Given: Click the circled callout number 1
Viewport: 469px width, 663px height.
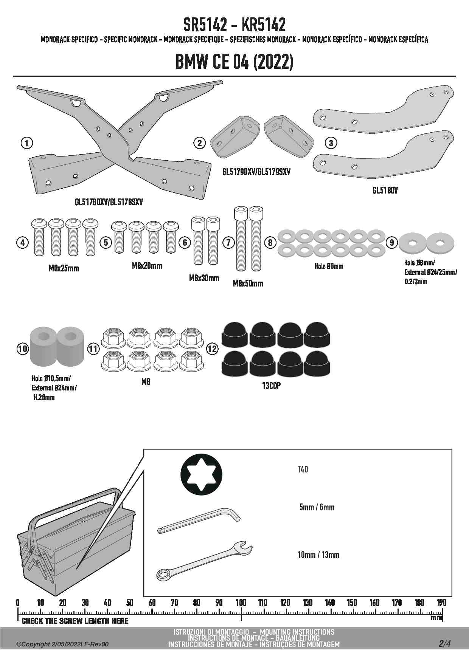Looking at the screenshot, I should [26, 143].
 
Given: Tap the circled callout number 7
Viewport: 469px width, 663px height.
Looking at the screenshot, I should [228, 242].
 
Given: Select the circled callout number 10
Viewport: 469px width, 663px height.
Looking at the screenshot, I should [23, 348].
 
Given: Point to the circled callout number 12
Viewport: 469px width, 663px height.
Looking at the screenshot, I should [212, 349].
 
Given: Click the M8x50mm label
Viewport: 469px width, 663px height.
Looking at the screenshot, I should [248, 283].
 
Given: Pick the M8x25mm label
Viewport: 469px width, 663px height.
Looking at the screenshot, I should [64, 268].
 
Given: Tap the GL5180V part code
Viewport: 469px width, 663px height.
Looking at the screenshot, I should [385, 190].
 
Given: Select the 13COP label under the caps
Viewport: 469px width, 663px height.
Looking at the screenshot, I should [272, 386].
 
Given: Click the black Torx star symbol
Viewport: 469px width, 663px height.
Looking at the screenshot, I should [201, 474].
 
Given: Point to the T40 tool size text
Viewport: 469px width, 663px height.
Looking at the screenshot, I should [303, 469].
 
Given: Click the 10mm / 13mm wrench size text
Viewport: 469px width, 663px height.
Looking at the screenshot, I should [318, 555].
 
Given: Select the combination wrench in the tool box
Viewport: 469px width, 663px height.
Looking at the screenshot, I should [205, 562].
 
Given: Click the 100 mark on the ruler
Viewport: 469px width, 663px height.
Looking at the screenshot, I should [241, 603].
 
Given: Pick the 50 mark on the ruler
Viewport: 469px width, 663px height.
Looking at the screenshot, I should [130, 603].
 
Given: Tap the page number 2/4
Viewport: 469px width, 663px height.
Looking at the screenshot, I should [444, 643].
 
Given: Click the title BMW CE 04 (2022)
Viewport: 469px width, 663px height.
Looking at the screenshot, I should [234, 62].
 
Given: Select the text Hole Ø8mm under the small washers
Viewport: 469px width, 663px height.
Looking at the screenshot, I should [329, 266].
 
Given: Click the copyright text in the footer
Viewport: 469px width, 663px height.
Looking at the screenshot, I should [62, 644].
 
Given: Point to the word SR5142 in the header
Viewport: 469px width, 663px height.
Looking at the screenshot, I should [205, 25].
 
